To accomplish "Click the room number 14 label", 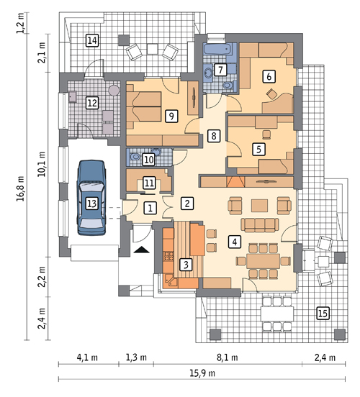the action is pyautogui.click(x=92, y=40).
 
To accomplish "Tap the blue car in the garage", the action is pyautogui.click(x=91, y=198).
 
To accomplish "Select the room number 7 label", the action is pyautogui.click(x=220, y=70).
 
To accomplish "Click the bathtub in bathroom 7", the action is pyautogui.click(x=217, y=49).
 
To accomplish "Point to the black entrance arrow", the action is pyautogui.click(x=142, y=250).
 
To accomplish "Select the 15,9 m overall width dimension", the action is pyautogui.click(x=202, y=373).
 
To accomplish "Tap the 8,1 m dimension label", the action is pyautogui.click(x=228, y=357).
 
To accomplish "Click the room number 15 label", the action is pyautogui.click(x=323, y=313).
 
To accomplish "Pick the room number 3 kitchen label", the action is pyautogui.click(x=186, y=265).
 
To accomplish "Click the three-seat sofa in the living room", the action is pyautogui.click(x=260, y=225).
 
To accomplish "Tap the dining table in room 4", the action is pyautogui.click(x=263, y=261).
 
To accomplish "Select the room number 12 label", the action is pyautogui.click(x=92, y=103).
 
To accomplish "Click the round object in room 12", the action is pyautogui.click(x=114, y=90).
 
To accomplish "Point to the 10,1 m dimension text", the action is pyautogui.click(x=42, y=164).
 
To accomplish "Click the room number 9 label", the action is pyautogui.click(x=171, y=117).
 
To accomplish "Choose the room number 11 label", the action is pyautogui.click(x=149, y=183).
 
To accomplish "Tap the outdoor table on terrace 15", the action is pyautogui.click(x=278, y=314).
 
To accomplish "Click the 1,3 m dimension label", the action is pyautogui.click(x=136, y=357).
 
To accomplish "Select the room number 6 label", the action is pyautogui.click(x=269, y=76).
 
